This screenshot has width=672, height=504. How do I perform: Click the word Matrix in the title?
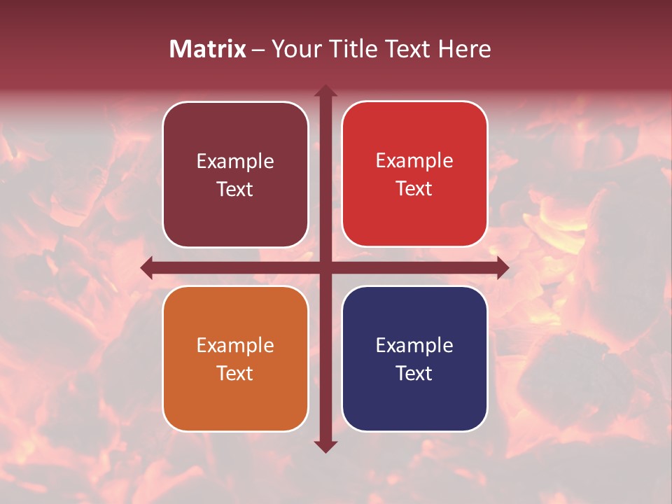pos(208,49)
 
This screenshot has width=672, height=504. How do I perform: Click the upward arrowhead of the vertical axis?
pos(325,91)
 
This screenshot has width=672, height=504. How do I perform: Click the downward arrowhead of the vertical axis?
pos(325,446)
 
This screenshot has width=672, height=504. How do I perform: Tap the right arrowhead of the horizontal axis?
pos(502,267)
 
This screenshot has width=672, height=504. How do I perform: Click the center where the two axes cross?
pos(325,267)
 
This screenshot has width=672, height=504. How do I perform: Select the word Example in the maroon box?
pos(235,162)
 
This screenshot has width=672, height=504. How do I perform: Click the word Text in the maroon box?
pos(235,189)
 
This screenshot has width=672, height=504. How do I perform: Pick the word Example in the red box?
pos(414,161)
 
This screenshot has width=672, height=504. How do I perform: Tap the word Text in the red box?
pos(414,188)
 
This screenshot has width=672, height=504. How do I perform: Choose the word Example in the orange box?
pos(235,346)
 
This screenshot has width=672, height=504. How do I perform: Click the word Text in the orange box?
pos(235,373)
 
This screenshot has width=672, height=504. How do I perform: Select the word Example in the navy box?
pos(414,346)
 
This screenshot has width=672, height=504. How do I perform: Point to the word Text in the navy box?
pos(414,373)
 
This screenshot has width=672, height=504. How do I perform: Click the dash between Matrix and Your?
pos(258,50)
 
